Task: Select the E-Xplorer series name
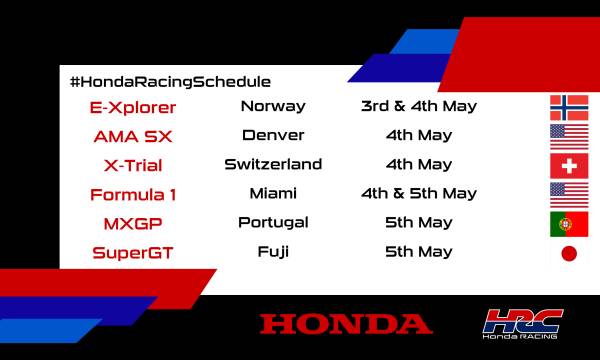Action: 133,106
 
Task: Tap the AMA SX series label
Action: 133,135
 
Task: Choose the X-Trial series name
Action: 133,165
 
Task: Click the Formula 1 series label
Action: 133,194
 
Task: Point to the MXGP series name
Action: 133,223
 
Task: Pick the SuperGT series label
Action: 133,252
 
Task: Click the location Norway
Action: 273,106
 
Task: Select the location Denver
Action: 273,135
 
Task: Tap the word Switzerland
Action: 273,164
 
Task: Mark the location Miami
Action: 273,193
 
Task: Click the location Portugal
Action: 273,222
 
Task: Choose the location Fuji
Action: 273,251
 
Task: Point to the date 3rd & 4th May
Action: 419,106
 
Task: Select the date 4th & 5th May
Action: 419,193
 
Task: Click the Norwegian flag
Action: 569,108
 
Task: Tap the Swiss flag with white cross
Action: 569,166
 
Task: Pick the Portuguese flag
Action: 569,224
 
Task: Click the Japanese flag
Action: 569,253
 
